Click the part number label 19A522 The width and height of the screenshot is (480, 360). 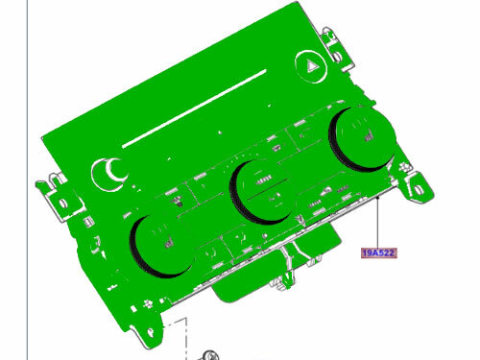point(378,253)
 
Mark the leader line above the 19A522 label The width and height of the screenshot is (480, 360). point(378,221)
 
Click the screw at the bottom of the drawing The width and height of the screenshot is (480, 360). point(208,355)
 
